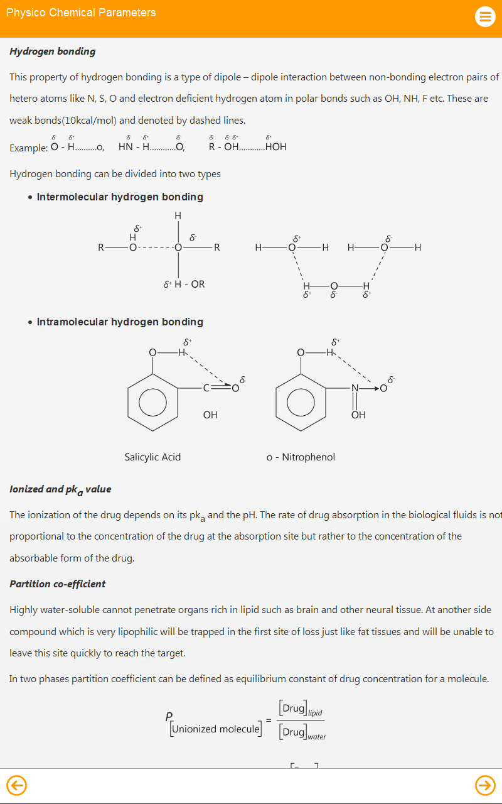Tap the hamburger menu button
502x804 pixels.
[x=485, y=16]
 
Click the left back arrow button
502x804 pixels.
[x=16, y=785]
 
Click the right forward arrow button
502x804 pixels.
[x=485, y=785]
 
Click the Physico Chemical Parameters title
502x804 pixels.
[x=81, y=13]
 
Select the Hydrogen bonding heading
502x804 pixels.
[x=53, y=52]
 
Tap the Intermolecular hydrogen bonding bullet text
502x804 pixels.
[x=120, y=197]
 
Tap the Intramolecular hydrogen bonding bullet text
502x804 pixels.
[x=120, y=322]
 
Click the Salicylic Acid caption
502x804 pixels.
[x=152, y=457]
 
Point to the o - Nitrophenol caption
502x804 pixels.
[x=301, y=457]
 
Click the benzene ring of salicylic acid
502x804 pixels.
[x=152, y=402]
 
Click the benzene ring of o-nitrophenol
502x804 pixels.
[x=301, y=402]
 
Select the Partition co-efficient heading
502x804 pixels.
[x=58, y=584]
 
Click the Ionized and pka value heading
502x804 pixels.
[x=60, y=489]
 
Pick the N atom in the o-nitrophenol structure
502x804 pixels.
[x=355, y=388]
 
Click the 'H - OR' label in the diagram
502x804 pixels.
[x=190, y=284]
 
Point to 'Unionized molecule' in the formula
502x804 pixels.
[x=215, y=729]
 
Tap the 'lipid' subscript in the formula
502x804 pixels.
[x=315, y=713]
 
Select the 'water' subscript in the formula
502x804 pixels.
[x=317, y=737]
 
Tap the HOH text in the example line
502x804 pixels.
[x=275, y=147]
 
